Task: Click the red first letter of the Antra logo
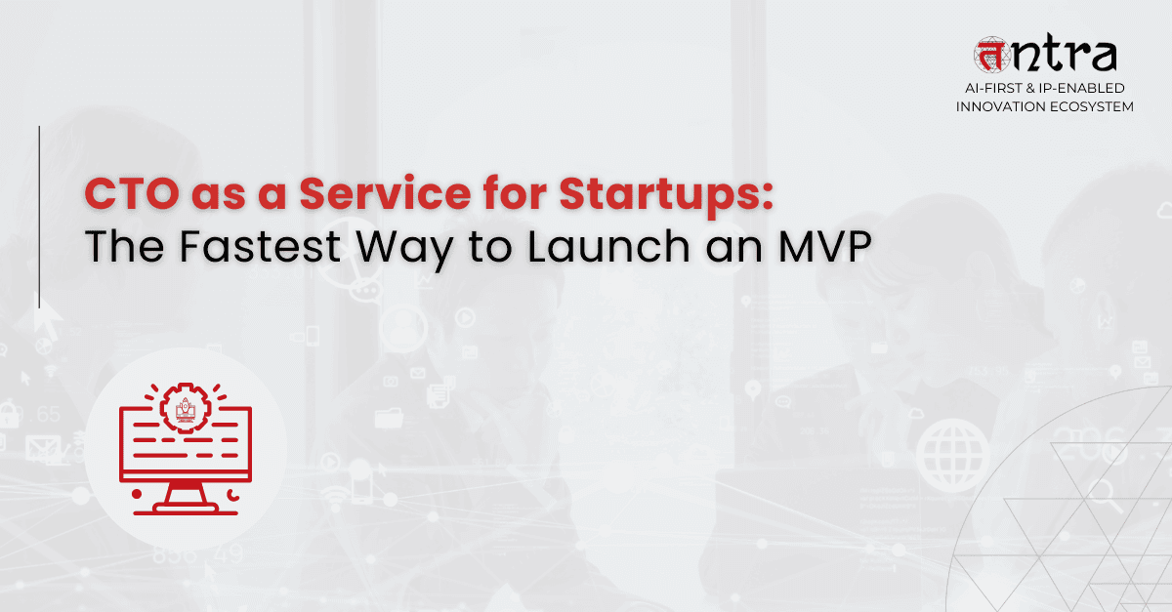click(992, 56)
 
